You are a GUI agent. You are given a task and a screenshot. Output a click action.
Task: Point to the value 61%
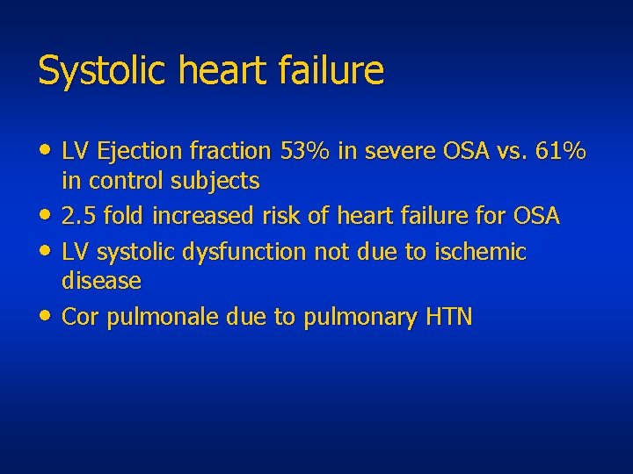561,152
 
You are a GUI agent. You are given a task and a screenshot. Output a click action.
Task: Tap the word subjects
216,182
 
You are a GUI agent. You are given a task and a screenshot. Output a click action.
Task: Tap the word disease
101,281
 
